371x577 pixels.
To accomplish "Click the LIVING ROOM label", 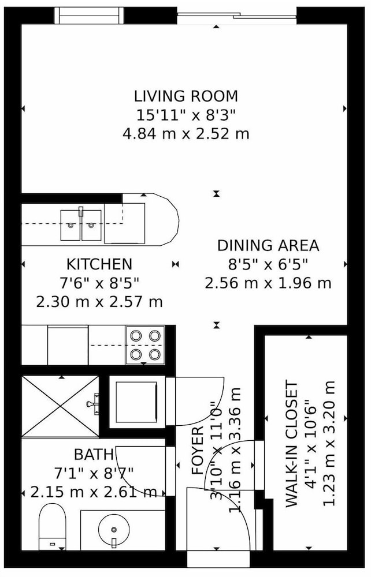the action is (185, 96).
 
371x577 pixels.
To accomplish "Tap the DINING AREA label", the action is (268, 245).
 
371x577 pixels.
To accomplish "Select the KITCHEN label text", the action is (99, 264).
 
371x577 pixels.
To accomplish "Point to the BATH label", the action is (94, 455).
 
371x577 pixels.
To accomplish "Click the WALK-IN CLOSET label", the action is (291, 445).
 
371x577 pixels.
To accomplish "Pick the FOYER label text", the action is (198, 450).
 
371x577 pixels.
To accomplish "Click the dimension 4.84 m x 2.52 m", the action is (185, 134).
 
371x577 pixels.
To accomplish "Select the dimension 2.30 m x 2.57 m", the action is (99, 302).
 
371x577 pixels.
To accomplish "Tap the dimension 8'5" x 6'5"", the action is (268, 264).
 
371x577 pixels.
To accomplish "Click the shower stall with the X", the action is (60, 406).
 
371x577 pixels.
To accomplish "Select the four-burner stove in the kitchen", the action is (145, 345).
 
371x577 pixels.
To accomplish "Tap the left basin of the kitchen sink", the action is (71, 225).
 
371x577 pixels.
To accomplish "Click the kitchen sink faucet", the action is (81, 212).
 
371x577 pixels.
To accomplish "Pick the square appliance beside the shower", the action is (137, 402).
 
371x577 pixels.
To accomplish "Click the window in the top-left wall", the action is (88, 16).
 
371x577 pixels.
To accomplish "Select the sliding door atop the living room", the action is (236, 16).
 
